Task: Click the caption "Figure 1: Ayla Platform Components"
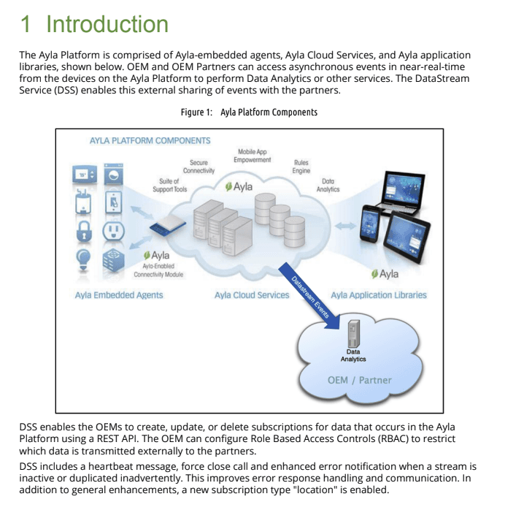[x=249, y=113]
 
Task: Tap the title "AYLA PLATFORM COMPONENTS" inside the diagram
[x=150, y=140]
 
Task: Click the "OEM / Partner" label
[x=359, y=380]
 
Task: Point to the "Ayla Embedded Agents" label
[x=119, y=295]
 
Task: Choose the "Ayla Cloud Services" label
[x=252, y=295]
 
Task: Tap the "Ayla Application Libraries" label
[x=379, y=295]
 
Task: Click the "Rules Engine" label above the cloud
[x=301, y=167]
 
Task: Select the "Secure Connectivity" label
[x=199, y=167]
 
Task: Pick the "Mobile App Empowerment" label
[x=252, y=156]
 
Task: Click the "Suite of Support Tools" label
[x=169, y=185]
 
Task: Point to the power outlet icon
[x=112, y=231]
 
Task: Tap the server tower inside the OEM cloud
[x=353, y=334]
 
